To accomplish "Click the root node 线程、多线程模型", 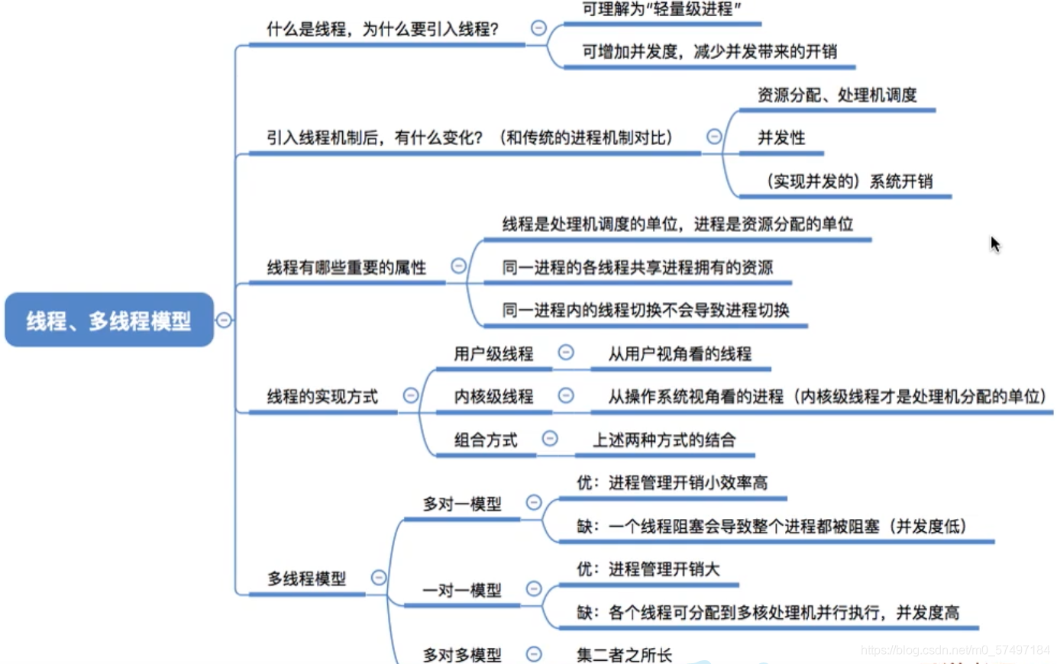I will tap(109, 321).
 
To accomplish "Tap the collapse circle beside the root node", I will tap(224, 320).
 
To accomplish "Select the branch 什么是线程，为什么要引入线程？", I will tap(382, 30).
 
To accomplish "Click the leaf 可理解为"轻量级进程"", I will tap(661, 10).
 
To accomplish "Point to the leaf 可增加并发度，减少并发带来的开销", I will tap(709, 52).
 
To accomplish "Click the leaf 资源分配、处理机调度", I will tap(836, 95).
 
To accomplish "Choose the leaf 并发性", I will tap(781, 138).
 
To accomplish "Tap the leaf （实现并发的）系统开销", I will tap(849, 182).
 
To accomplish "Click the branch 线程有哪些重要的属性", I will tap(346, 268).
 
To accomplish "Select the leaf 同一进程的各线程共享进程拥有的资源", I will tap(637, 268).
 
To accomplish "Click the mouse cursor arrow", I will tap(994, 243).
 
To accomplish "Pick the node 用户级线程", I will tap(493, 354).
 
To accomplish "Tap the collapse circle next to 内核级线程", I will tap(566, 395).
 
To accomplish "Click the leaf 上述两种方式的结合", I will tap(664, 440).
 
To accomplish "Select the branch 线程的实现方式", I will tap(322, 397).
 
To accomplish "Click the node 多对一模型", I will tap(462, 504).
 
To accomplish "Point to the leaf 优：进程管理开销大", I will tap(648, 569).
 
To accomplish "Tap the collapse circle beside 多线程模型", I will tap(379, 578).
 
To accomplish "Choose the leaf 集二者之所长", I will tap(624, 655).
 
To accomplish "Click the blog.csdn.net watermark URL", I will tap(955, 650).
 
